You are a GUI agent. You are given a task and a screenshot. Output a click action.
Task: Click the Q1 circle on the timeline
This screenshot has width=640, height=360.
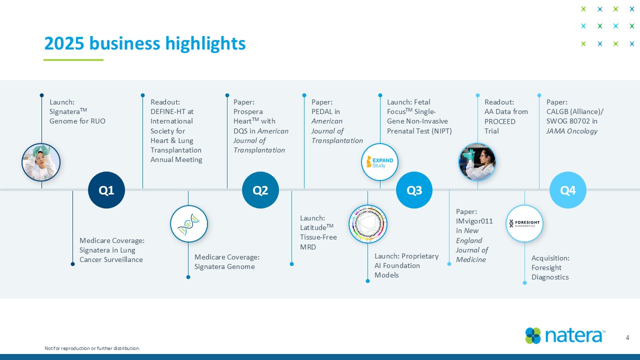pos(106,190)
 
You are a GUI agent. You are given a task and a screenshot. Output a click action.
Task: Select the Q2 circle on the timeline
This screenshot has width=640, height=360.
pos(260,190)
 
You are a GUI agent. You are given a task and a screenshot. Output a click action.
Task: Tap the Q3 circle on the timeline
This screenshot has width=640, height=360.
pos(414,190)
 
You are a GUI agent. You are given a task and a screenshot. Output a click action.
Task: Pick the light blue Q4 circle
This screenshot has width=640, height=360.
pos(567,190)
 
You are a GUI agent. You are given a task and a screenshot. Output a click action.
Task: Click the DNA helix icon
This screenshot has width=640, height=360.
pos(188,224)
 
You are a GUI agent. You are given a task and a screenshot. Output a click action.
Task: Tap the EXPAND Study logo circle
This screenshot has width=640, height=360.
pos(380,162)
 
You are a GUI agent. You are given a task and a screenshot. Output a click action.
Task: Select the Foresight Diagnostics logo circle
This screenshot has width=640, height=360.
pos(524,223)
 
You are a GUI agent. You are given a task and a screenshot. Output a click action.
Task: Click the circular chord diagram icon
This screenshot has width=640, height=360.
pos(367,224)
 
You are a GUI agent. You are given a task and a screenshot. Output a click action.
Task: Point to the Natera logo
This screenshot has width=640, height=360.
pos(565,335)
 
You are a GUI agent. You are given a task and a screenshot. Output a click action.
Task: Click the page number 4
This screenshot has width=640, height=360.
pos(627,338)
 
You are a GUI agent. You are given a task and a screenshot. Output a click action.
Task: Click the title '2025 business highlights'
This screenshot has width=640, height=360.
pos(145,43)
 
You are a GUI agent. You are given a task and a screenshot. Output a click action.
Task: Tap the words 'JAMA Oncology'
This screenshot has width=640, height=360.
pos(572,131)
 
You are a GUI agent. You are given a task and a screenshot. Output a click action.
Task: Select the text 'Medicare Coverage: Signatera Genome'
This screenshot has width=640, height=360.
pos(226,261)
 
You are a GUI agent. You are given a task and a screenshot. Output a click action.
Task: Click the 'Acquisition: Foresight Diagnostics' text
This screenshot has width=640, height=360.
pos(550,267)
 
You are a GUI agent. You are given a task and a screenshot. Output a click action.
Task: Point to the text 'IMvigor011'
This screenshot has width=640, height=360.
pos(474,221)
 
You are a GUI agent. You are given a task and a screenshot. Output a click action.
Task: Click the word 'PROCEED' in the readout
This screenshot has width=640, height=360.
pos(499,121)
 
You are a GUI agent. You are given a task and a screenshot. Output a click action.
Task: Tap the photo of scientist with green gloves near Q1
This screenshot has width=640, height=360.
pos(41,162)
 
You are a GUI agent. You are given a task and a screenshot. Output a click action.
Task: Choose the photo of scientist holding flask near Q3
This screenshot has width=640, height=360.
pos(477,162)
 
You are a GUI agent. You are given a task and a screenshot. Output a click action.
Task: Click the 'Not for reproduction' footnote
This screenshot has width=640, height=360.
pos(92,348)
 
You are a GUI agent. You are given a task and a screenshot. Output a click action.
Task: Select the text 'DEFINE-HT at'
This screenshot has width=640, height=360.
pos(172,111)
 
